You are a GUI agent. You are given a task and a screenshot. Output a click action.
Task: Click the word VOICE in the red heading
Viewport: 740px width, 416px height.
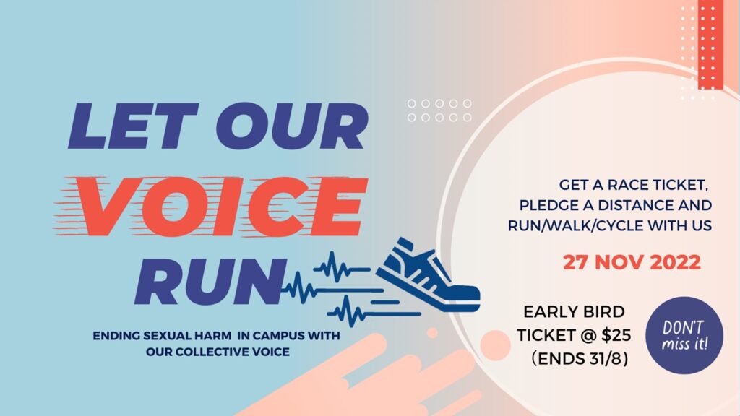[222, 207]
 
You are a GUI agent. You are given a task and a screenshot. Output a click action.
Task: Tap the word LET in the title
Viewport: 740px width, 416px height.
[133, 126]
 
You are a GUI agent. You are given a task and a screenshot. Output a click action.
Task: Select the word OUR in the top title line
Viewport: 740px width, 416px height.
[292, 126]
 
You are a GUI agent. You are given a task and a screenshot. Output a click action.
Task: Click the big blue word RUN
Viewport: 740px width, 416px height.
[210, 281]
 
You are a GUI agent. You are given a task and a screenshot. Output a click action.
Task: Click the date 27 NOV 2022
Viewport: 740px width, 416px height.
[632, 262]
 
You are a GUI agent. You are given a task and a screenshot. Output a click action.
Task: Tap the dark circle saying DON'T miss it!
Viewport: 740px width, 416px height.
[684, 335]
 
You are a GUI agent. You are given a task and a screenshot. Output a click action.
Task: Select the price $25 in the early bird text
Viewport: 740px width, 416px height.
[616, 335]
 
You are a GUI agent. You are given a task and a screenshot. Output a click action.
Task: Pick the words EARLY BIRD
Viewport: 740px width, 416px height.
[574, 312]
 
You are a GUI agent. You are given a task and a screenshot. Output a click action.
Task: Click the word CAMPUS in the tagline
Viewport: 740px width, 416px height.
[278, 336]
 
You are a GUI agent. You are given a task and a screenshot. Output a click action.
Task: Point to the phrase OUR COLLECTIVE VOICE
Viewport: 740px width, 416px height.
[218, 352]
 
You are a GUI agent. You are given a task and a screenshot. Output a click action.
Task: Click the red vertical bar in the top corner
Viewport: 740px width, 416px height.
[710, 44]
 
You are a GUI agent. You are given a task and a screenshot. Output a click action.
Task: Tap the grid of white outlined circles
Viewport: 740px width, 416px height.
[439, 110]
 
